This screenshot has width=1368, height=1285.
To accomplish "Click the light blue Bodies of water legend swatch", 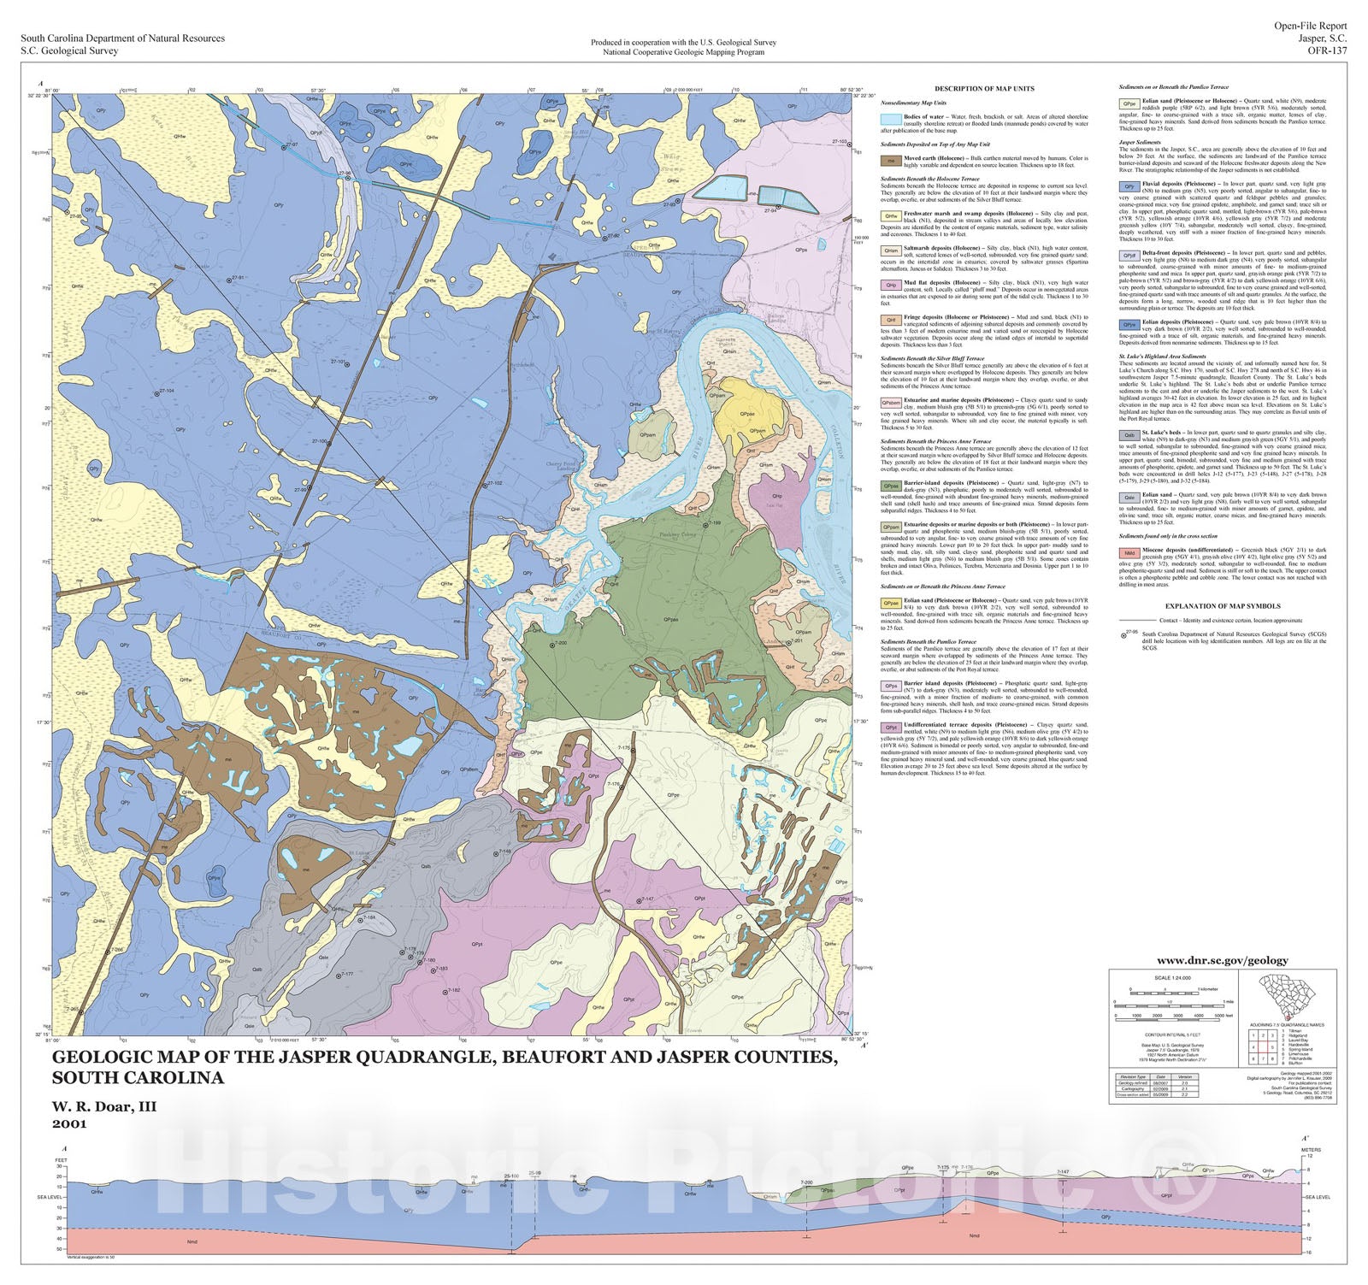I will (890, 120).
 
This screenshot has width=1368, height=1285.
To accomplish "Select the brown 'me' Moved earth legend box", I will (890, 159).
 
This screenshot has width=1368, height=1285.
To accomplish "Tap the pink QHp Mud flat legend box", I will (890, 285).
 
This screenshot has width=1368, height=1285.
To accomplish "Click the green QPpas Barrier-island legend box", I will (890, 485).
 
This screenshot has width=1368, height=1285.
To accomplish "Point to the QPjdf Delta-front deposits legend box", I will (1129, 255).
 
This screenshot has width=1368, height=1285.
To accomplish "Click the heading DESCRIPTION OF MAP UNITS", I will (984, 89).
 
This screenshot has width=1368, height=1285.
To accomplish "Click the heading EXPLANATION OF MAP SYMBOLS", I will (1224, 606).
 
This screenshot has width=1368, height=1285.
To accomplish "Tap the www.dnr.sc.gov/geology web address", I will (1222, 960).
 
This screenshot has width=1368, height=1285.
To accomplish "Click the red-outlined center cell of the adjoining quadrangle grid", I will (1262, 1046).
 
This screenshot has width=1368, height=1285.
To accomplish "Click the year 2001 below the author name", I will (69, 1123).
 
